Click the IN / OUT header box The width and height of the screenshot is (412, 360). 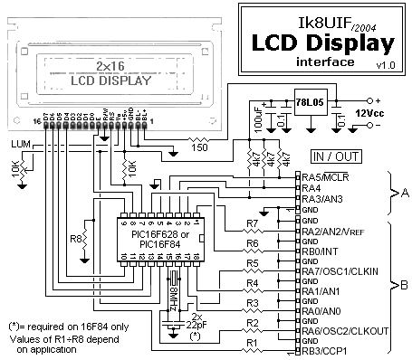click(336, 156)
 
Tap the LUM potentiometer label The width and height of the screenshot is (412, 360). click(21, 145)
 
